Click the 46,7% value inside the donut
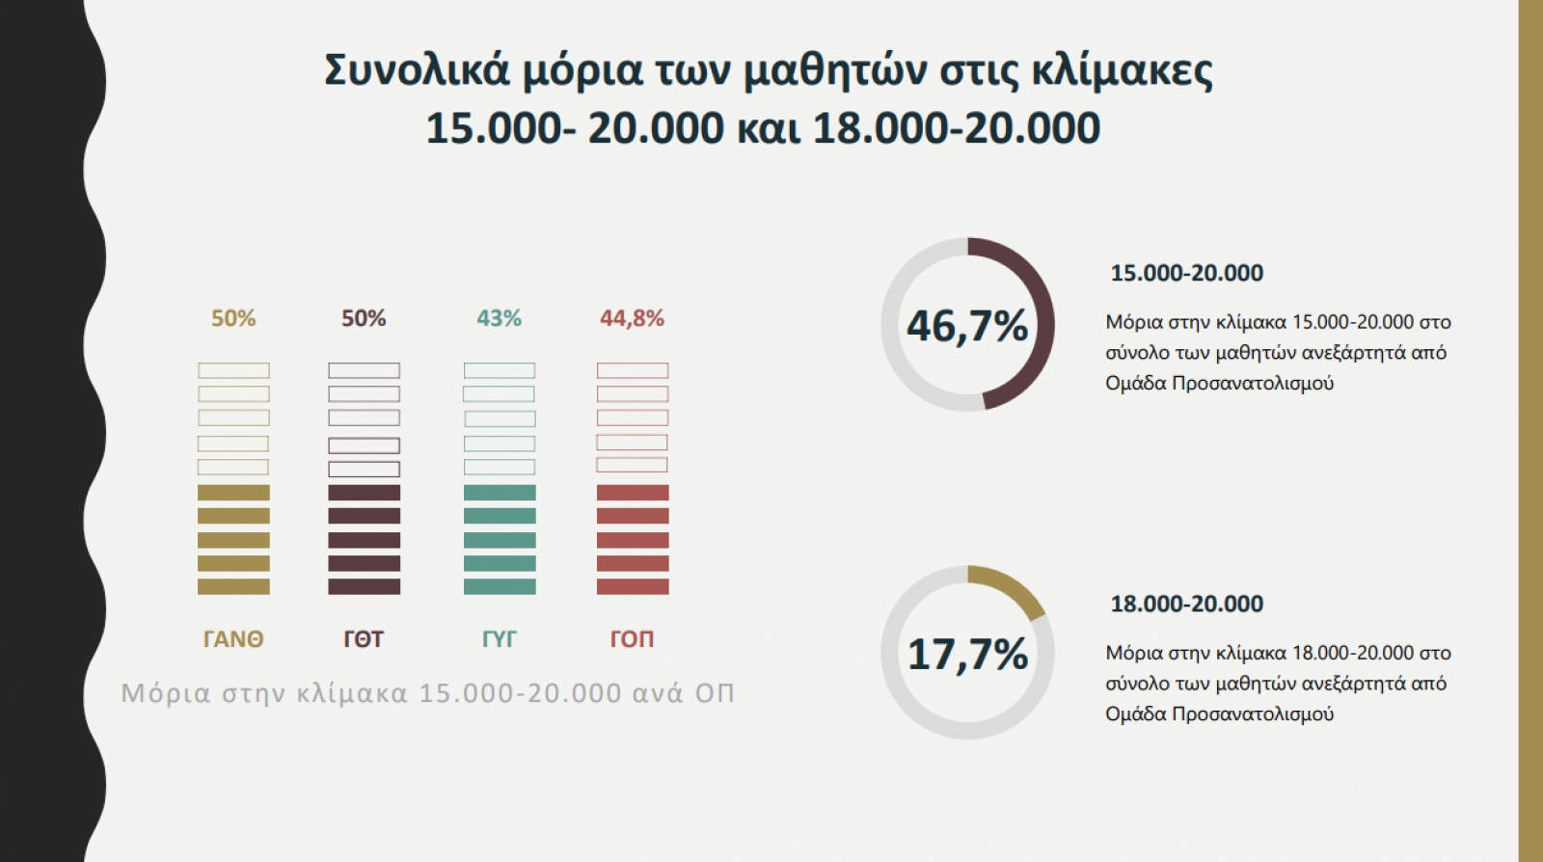pyautogui.click(x=967, y=326)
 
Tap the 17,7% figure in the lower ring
pyautogui.click(x=967, y=655)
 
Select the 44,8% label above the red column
pyautogui.click(x=632, y=318)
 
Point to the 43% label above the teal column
pyautogui.click(x=499, y=318)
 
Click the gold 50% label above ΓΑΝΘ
pyautogui.click(x=233, y=318)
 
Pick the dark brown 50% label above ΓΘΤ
pyautogui.click(x=364, y=318)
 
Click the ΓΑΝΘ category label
pyautogui.click(x=233, y=639)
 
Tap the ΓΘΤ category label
pyautogui.click(x=364, y=639)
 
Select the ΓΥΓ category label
pyautogui.click(x=499, y=639)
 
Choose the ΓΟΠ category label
pyautogui.click(x=632, y=639)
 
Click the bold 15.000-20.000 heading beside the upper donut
pyautogui.click(x=1186, y=273)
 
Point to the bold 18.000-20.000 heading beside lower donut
pyautogui.click(x=1186, y=604)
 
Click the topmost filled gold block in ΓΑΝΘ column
pyautogui.click(x=233, y=493)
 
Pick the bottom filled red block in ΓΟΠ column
pyautogui.click(x=633, y=586)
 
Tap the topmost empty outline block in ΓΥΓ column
pyautogui.click(x=500, y=370)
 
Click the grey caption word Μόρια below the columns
pyautogui.click(x=165, y=693)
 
